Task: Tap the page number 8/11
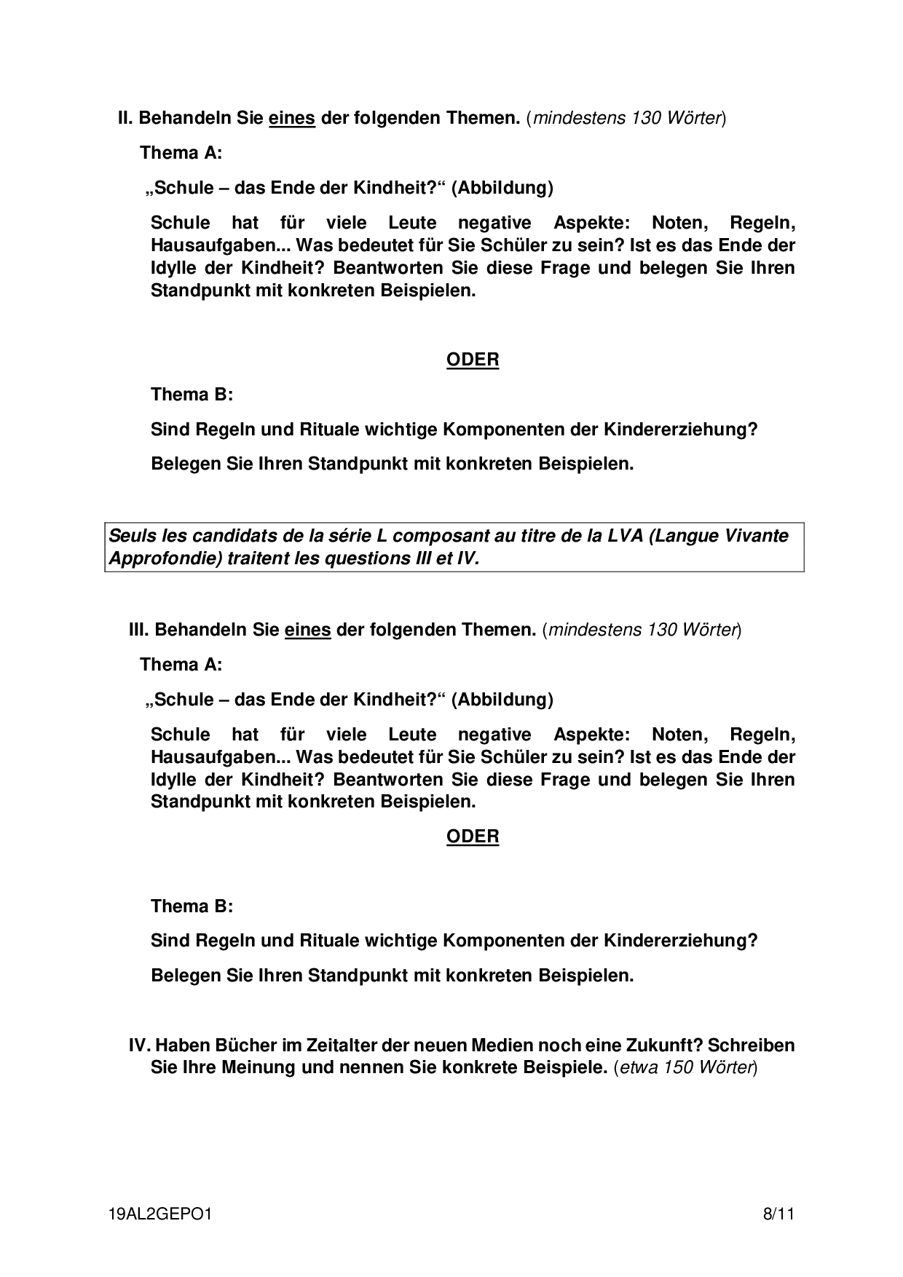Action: tap(778, 1214)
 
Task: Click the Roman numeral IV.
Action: tap(139, 1045)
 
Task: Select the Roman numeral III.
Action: tap(138, 630)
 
